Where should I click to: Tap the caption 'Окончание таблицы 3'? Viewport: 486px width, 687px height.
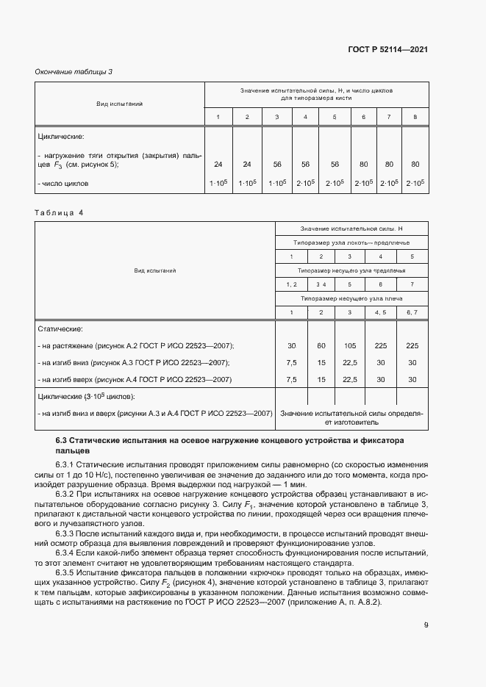tap(74, 71)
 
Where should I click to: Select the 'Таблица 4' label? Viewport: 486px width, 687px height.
tap(60, 212)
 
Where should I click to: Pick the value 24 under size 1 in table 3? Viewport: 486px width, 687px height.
tap(218, 164)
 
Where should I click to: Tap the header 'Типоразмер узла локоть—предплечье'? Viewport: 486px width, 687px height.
tap(351, 242)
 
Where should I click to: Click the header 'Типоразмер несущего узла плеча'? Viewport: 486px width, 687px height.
tap(351, 299)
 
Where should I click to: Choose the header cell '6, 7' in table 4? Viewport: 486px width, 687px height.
tap(412, 313)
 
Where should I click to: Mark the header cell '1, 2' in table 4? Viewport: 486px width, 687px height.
tap(290, 284)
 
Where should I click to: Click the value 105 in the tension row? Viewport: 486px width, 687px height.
tap(349, 345)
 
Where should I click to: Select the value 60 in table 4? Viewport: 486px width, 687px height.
tap(320, 345)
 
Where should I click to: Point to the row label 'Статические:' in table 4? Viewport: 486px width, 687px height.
tap(60, 328)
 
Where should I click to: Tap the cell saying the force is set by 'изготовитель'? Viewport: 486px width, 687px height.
tap(351, 418)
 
